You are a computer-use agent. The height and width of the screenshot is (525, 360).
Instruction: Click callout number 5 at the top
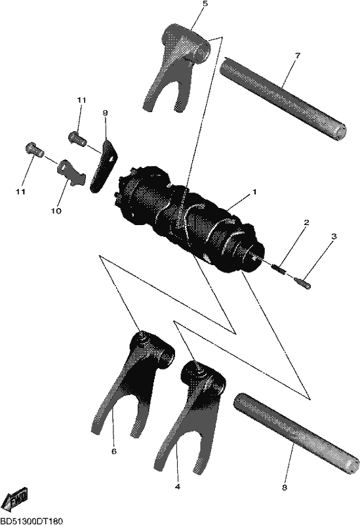point(205,4)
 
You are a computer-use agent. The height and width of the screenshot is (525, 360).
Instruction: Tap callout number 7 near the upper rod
point(298,55)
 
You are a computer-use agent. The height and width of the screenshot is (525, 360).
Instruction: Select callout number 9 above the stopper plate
point(105,113)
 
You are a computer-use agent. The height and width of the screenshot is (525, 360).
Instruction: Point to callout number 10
point(56,211)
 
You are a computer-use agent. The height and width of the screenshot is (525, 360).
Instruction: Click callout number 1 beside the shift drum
point(254,192)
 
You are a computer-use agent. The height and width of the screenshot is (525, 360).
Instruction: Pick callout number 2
point(306,222)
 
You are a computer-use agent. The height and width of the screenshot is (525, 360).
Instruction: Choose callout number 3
point(334,236)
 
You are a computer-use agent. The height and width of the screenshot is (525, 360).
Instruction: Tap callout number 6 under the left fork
point(113,451)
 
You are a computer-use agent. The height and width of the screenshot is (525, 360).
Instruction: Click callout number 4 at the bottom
point(177,486)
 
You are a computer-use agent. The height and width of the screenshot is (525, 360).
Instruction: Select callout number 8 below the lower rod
point(285,488)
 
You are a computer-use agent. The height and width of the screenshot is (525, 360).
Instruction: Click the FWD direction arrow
point(17,500)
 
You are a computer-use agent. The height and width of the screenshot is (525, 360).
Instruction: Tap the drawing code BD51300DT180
point(31,521)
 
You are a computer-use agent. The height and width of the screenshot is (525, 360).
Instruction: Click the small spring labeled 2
point(279,269)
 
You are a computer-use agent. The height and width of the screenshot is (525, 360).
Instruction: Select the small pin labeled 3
point(302,282)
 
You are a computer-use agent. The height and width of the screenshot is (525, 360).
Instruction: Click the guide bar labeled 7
point(283,96)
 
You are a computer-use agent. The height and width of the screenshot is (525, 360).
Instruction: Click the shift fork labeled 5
point(176,64)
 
